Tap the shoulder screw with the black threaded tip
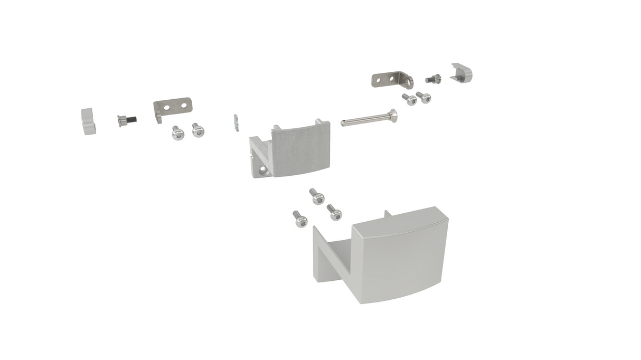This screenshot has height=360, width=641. click(125, 121)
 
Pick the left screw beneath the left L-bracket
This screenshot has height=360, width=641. click(178, 133)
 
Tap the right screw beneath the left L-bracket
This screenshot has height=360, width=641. click(197, 130)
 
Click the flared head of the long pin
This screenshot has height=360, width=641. click(393, 115)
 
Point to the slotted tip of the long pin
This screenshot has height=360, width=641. click(344, 124)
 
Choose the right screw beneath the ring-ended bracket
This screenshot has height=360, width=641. click(423, 98)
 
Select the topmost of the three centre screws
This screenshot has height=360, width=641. click(317, 196)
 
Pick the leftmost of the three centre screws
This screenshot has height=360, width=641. click(300, 219)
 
